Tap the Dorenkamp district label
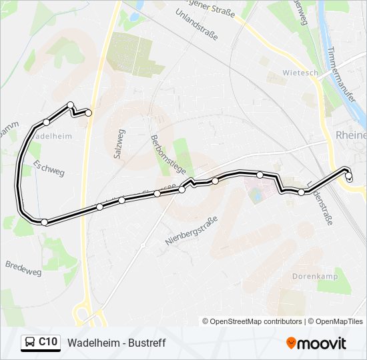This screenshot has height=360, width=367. [x=314, y=276]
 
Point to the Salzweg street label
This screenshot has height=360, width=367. [x=119, y=143]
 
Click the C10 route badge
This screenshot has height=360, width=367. [x=47, y=343]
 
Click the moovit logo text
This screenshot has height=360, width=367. [x=322, y=343]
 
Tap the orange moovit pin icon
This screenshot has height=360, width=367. [x=291, y=343]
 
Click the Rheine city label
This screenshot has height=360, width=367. [x=351, y=135]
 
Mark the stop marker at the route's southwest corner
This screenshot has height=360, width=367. [x=44, y=222]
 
